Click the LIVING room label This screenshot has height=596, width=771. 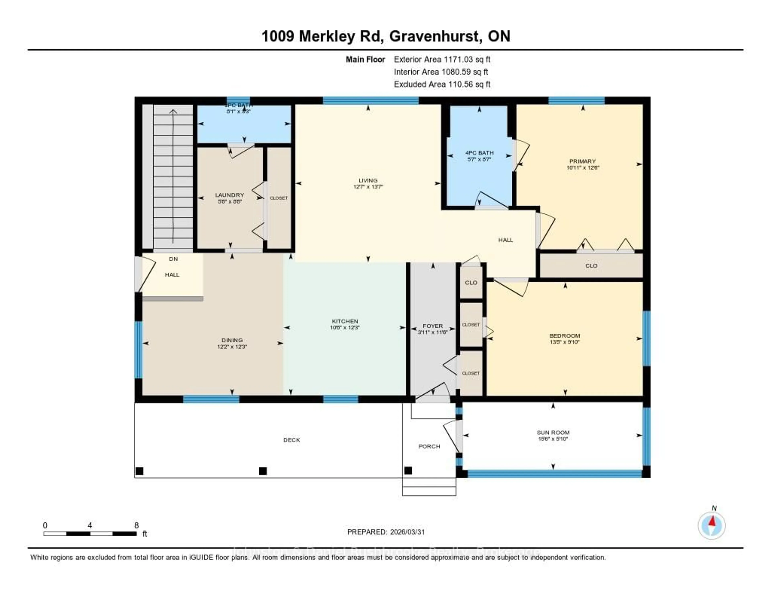(368, 180)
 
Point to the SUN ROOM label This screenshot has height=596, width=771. (553, 432)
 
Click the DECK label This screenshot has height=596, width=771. (292, 440)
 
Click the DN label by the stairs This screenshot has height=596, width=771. (173, 259)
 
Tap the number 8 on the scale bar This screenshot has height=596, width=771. (136, 525)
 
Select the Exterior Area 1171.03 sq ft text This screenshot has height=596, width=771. (442, 59)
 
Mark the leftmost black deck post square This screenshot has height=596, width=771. (140, 471)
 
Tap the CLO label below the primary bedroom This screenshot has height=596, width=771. (591, 266)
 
